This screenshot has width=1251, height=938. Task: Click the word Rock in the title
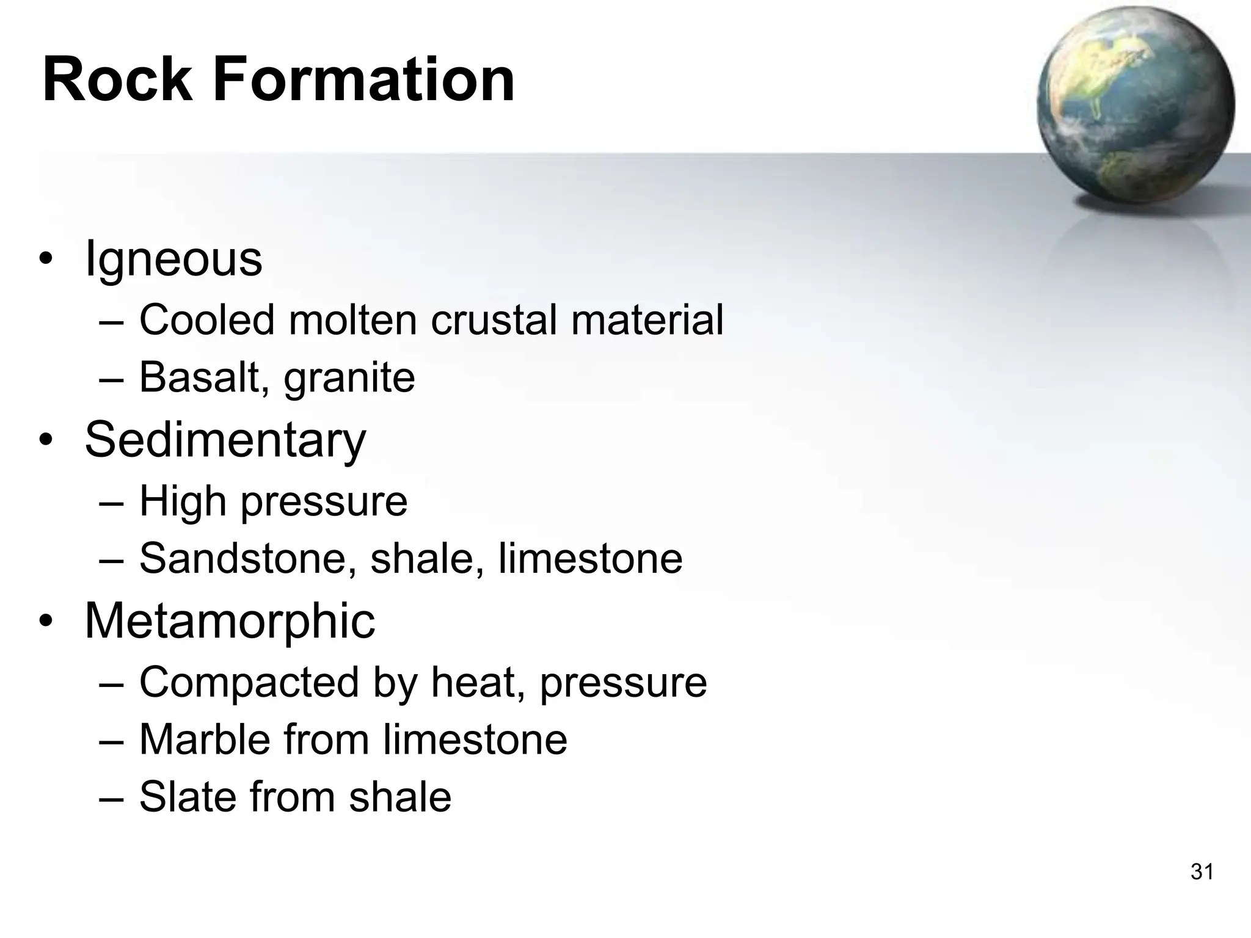[x=117, y=80]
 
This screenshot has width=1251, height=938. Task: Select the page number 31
[x=1202, y=871]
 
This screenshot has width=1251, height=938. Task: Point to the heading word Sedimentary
[x=225, y=440]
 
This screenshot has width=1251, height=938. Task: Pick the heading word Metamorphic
[x=230, y=621]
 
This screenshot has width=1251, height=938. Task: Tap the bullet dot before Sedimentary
[x=46, y=441]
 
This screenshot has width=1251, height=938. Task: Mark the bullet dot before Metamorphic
[x=46, y=622]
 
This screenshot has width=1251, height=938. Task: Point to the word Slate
[x=186, y=797]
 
